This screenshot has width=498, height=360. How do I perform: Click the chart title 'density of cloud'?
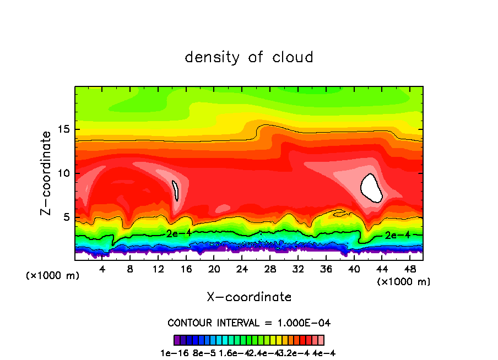coord(249,57)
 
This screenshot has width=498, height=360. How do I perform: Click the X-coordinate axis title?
coord(249,297)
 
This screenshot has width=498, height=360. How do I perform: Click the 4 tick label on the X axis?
coord(102,269)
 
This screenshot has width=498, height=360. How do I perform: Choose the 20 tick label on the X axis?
coord(214,269)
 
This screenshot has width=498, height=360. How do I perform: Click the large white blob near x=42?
coord(371,188)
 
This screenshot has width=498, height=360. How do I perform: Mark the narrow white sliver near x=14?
coord(175,190)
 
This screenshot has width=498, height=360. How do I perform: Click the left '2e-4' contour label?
coord(178,233)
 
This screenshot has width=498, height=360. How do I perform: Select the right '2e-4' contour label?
coord(397,235)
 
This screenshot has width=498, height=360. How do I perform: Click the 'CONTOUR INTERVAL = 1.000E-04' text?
coord(249,323)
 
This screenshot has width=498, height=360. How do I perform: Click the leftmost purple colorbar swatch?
coord(177,340)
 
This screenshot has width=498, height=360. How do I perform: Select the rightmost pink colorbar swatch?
coord(321,340)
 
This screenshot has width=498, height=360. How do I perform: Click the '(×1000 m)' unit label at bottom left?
coord(53,276)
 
